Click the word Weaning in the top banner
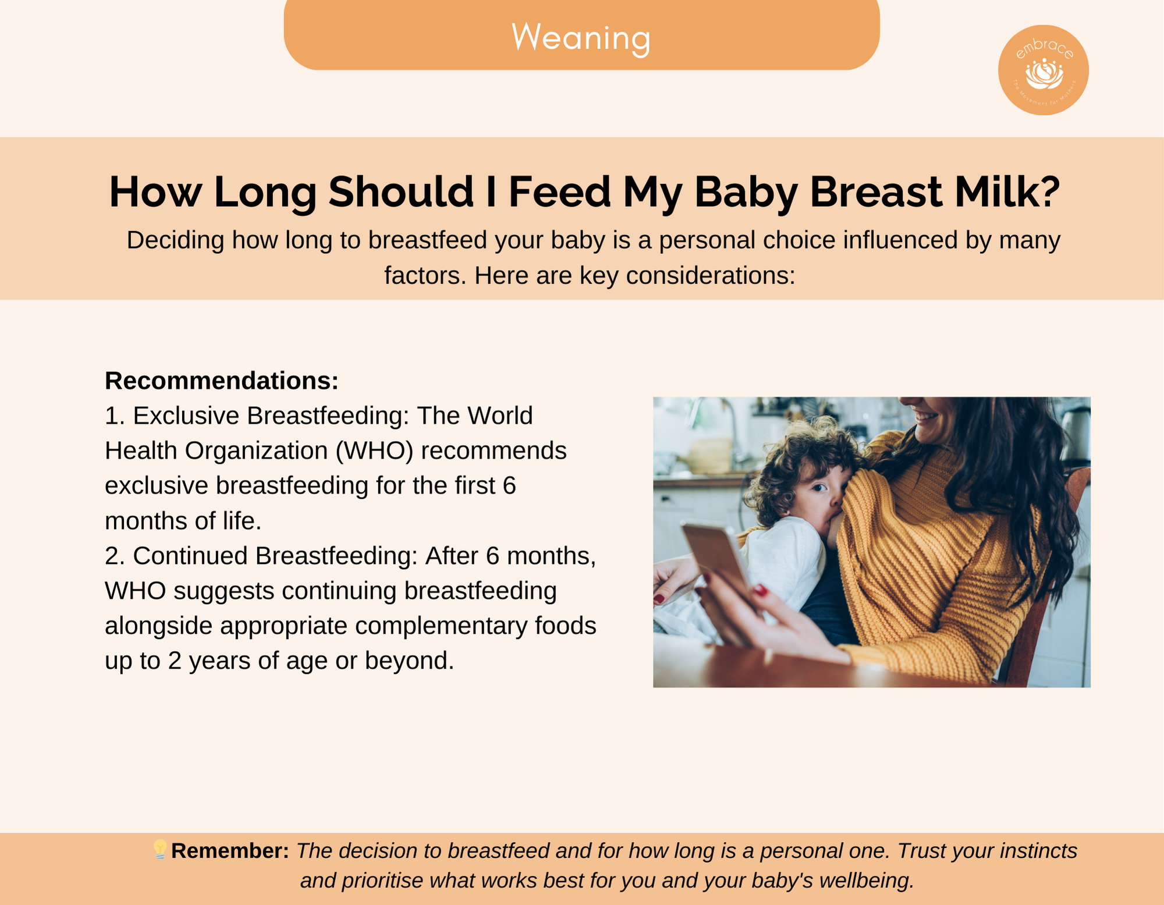pyautogui.click(x=581, y=38)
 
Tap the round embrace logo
pyautogui.click(x=1044, y=70)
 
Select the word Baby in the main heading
pyautogui.click(x=746, y=193)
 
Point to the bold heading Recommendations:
pyautogui.click(x=222, y=381)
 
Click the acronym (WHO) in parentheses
pyautogui.click(x=374, y=451)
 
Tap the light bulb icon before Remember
pyautogui.click(x=160, y=850)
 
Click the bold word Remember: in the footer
pyautogui.click(x=230, y=851)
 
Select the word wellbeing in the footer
pyautogui.click(x=867, y=881)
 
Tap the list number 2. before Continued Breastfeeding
pyautogui.click(x=115, y=556)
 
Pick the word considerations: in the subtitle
pyautogui.click(x=711, y=275)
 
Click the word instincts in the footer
pyautogui.click(x=1039, y=851)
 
